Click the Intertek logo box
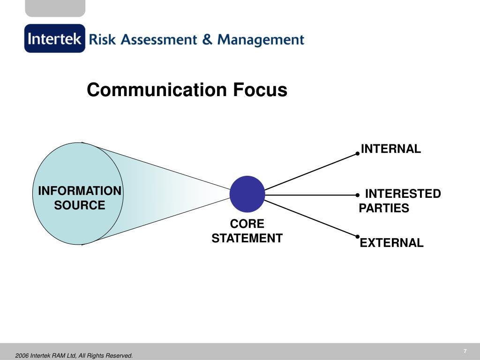(x=55, y=38)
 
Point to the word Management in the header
(x=261, y=40)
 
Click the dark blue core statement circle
(x=247, y=194)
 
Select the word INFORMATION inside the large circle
(x=80, y=191)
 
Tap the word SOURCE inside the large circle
(x=80, y=205)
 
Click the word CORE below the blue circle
(x=247, y=224)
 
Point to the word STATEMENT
(x=247, y=239)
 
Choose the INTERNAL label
(x=391, y=149)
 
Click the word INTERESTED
(x=403, y=194)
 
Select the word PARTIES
(x=384, y=209)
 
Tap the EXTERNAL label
(x=391, y=243)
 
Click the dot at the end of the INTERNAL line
(x=357, y=153)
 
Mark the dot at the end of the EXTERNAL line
(x=357, y=236)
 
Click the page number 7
(x=465, y=352)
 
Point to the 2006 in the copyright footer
(x=22, y=356)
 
